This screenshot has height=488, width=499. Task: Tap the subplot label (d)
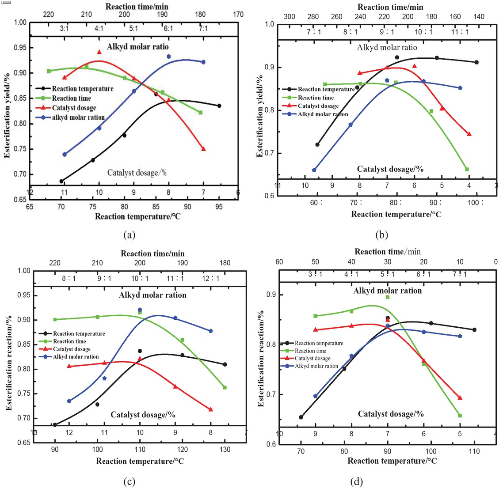[x=356, y=481]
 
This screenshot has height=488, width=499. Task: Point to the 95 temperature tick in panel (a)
[x=219, y=207]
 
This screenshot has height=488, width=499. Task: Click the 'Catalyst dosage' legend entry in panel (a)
[x=74, y=108]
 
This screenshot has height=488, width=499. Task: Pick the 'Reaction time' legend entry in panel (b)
[x=316, y=98]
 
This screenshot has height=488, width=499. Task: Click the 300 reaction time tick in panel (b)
[x=289, y=17]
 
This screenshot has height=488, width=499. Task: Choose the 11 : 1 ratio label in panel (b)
[x=460, y=32]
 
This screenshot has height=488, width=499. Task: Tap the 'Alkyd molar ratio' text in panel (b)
[x=387, y=47]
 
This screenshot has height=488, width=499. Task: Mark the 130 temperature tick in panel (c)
[x=225, y=450]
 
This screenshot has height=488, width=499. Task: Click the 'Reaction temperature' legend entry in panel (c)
[x=79, y=333]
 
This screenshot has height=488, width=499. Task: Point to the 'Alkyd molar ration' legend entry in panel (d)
[x=316, y=366]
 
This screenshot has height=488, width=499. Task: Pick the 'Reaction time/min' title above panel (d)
[x=388, y=252]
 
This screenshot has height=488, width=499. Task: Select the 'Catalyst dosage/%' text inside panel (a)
[x=137, y=173]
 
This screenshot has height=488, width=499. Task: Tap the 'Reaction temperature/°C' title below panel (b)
[x=396, y=214]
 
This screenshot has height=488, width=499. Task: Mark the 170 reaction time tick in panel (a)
[x=238, y=15]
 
